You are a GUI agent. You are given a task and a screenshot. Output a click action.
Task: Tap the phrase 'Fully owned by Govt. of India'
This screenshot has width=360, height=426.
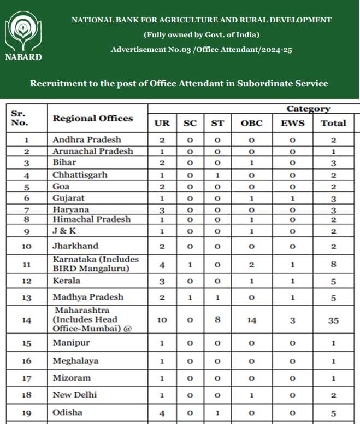point(201,35)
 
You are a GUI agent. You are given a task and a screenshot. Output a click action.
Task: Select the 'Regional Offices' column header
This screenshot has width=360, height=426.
point(92,119)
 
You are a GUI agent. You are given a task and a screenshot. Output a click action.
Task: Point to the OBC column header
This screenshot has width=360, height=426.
point(251,123)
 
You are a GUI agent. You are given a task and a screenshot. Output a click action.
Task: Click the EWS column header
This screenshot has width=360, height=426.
point(292,123)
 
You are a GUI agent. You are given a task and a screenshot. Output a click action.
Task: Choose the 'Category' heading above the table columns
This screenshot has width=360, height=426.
point(308,109)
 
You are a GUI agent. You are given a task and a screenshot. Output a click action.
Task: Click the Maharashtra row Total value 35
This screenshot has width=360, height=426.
point(333,320)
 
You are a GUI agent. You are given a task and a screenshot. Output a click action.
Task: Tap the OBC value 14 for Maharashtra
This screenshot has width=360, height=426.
point(251,320)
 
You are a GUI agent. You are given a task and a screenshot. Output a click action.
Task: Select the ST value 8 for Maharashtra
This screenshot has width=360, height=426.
point(217,320)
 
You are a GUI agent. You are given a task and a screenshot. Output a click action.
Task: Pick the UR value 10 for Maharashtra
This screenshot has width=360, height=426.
point(162,320)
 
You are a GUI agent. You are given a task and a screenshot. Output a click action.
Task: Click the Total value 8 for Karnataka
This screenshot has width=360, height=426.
point(333,265)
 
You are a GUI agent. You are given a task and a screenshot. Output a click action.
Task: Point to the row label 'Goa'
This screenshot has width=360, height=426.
point(61,186)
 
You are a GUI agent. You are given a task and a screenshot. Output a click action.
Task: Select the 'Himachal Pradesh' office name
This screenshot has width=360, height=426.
point(91,219)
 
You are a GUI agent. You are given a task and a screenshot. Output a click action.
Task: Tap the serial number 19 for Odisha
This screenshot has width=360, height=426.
point(26,412)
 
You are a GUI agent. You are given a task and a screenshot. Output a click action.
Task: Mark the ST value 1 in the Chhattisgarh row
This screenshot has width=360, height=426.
point(217,176)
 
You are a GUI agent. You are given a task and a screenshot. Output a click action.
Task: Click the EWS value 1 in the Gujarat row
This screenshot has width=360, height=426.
point(292,199)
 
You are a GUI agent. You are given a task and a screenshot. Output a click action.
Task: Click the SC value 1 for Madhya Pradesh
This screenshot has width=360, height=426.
point(190,298)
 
